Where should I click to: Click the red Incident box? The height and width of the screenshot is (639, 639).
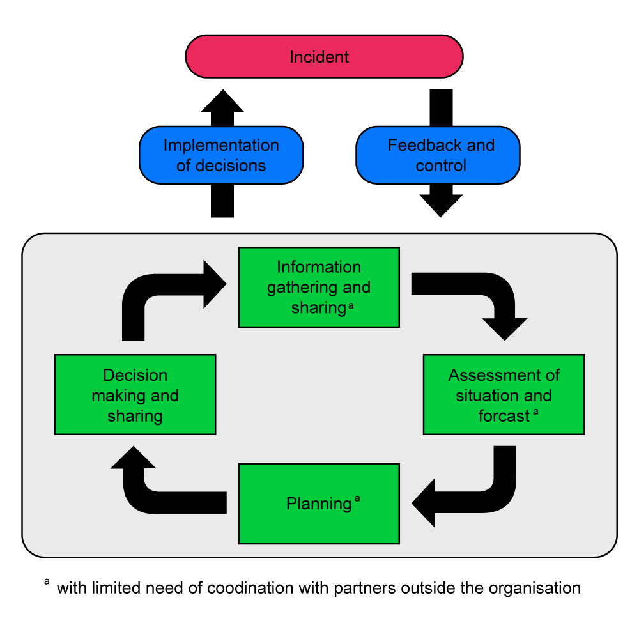click(x=324, y=57)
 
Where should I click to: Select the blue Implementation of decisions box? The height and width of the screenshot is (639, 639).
click(x=221, y=155)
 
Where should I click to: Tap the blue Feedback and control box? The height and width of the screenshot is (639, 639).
click(x=438, y=155)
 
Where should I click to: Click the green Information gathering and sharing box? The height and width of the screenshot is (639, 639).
click(x=319, y=288)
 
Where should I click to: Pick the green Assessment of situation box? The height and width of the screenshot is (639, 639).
click(x=504, y=395)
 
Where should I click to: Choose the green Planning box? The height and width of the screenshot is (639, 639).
click(x=319, y=504)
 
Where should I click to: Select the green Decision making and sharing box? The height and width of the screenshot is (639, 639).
click(x=135, y=395)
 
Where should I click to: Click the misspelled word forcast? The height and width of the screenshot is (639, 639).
click(x=504, y=416)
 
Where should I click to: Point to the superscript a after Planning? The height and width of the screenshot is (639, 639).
click(x=357, y=500)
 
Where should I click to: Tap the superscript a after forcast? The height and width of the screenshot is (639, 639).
click(x=535, y=412)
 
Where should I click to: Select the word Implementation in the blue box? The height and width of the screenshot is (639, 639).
click(x=221, y=146)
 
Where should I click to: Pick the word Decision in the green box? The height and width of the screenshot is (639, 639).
click(x=135, y=375)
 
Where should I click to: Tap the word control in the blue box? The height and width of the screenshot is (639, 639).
click(x=441, y=166)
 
